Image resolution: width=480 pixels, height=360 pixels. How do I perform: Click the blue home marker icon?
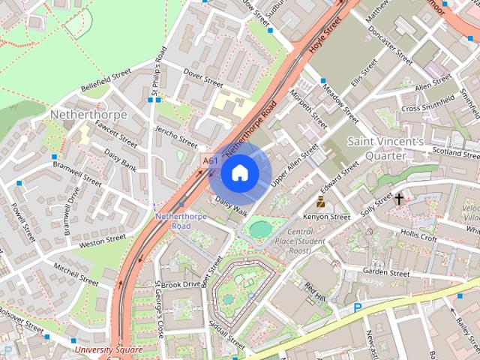tap(239, 173)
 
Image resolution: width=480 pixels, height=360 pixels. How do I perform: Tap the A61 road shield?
tap(211, 160)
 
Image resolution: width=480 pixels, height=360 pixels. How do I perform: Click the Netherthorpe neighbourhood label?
tap(88, 114)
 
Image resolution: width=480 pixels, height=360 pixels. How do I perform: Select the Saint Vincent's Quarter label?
tap(385, 148)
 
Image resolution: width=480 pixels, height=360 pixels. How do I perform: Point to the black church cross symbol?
tap(399, 199)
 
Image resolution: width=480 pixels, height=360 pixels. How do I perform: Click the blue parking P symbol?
tap(358, 307)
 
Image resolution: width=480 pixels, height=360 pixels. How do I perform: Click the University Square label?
tap(108, 349)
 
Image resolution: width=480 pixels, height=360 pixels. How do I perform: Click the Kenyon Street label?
tap(327, 217)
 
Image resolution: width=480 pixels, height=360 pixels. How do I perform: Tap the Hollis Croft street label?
tap(418, 237)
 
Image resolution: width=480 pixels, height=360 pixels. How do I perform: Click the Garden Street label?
tap(385, 271)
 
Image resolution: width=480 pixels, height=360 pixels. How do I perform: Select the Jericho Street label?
tap(177, 138)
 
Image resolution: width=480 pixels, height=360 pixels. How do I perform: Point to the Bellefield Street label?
tap(106, 81)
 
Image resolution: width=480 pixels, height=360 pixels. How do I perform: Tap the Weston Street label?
tap(102, 240)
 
